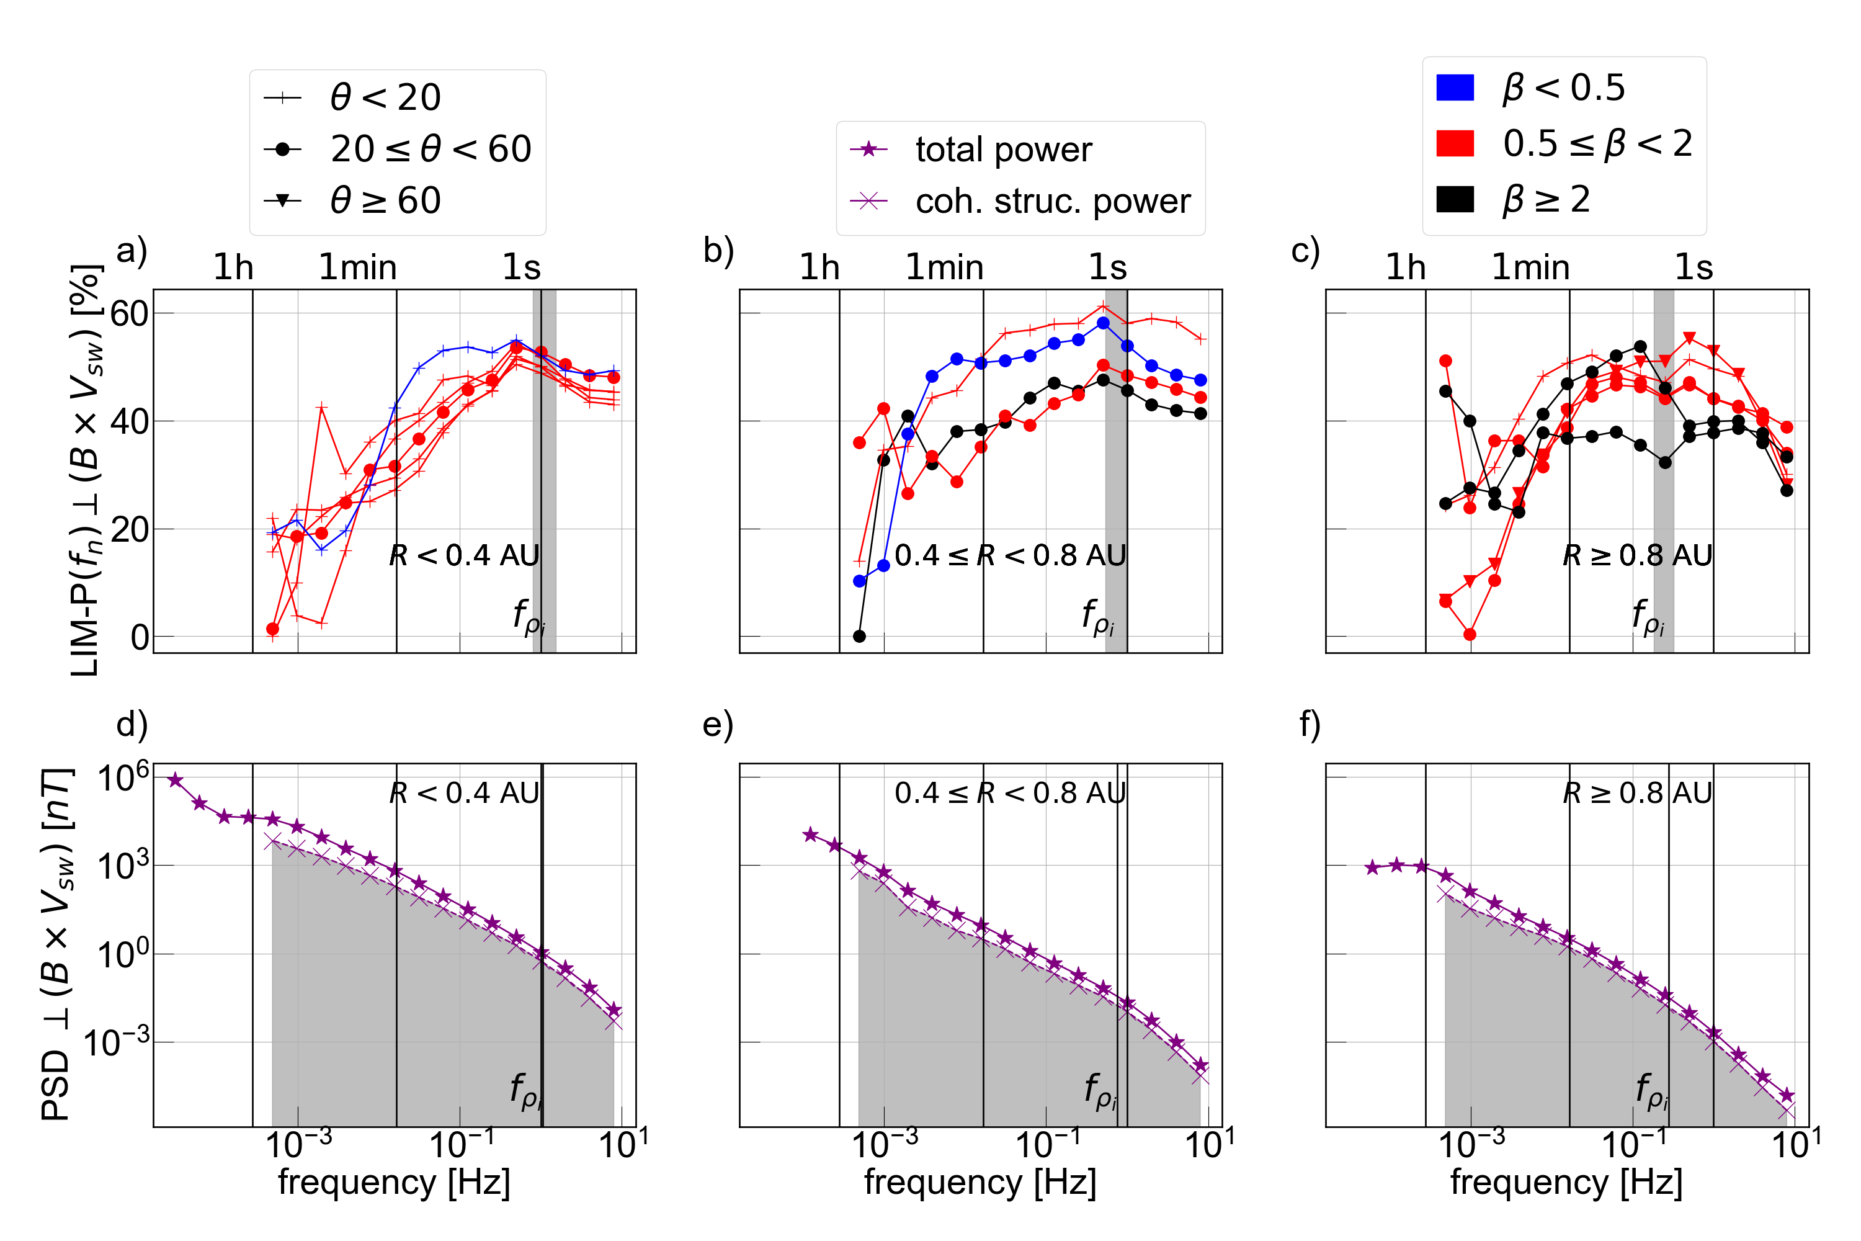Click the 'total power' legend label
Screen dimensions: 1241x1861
1003,150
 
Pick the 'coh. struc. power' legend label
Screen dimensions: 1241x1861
1052,201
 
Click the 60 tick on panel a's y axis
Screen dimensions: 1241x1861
129,314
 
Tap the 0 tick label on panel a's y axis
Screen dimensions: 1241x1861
139,637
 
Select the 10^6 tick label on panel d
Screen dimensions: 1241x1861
123,778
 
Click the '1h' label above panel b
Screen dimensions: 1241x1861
819,267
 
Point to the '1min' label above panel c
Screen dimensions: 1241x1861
1530,267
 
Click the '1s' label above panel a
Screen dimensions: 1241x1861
522,267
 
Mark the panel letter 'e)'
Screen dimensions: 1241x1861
718,724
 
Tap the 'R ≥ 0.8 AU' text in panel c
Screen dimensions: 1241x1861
1637,555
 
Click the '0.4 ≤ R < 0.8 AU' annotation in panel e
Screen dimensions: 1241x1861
1010,792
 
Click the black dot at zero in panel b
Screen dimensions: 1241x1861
859,637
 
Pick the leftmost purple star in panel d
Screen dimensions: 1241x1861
176,781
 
